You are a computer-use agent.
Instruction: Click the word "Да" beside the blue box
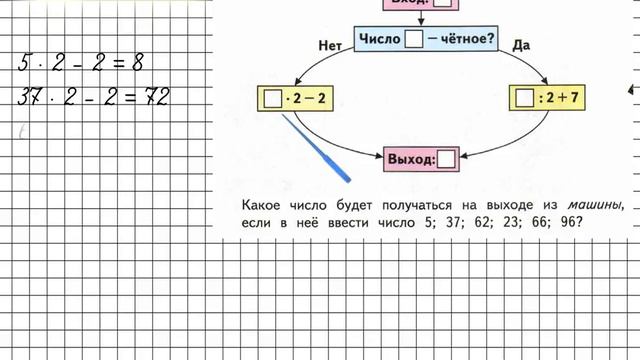[520, 45]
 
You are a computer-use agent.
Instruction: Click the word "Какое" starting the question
[262, 205]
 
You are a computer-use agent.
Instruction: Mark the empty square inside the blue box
[414, 41]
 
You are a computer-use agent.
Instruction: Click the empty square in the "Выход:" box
[447, 158]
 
